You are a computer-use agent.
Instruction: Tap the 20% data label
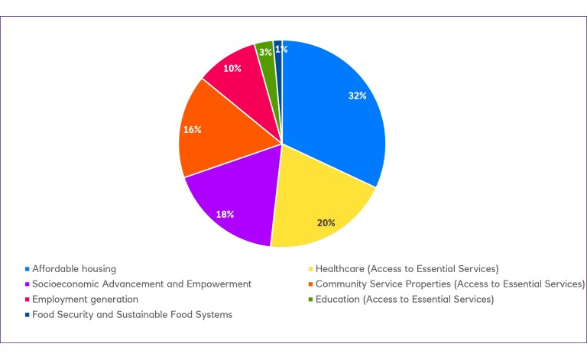(326, 222)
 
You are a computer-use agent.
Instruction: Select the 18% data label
(224, 215)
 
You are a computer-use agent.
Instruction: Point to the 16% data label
(192, 129)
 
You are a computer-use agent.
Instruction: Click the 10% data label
(232, 68)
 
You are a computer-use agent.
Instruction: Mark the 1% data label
(281, 49)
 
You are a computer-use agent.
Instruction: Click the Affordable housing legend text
(75, 268)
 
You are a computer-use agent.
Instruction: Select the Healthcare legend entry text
(407, 268)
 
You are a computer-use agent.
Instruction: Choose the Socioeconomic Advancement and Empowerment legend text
(143, 284)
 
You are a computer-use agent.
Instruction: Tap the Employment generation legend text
(86, 299)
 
